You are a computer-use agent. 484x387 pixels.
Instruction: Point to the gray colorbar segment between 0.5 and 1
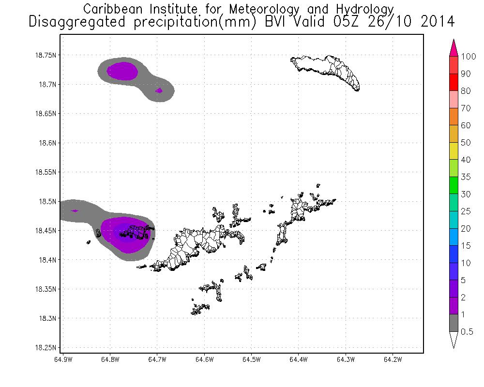pyautogui.click(x=454, y=323)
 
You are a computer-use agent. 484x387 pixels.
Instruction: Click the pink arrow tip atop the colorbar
pyautogui.click(x=454, y=47)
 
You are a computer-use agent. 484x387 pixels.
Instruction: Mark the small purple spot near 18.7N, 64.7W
pyautogui.click(x=159, y=90)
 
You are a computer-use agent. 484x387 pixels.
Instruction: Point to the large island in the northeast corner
pyautogui.click(x=327, y=71)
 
